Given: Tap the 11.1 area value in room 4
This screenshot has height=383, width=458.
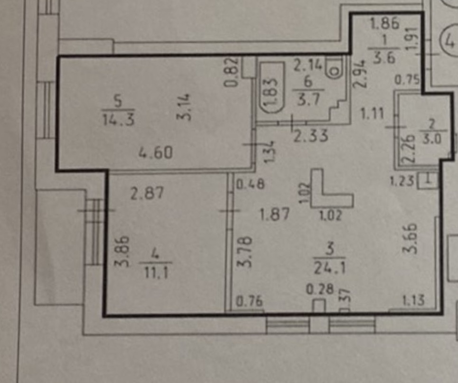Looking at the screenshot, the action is tap(155, 272).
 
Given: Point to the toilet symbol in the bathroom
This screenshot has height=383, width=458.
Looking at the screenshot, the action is tap(334, 69).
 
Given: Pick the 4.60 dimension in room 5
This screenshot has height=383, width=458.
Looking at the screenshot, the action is tap(156, 153).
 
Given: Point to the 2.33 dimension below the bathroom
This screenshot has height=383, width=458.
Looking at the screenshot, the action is tap(310, 137).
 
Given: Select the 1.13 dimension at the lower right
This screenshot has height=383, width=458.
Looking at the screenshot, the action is tap(412, 300).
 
